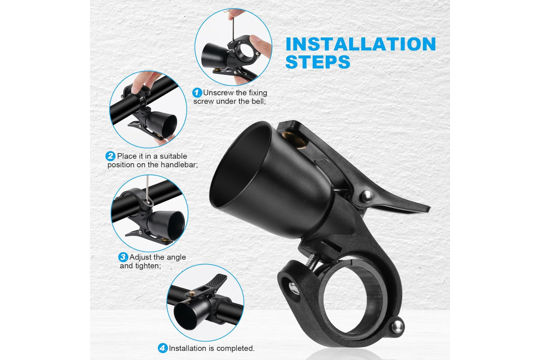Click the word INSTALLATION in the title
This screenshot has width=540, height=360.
(360, 44)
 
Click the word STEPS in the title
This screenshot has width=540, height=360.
(318, 62)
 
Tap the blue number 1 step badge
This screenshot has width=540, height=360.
(197, 93)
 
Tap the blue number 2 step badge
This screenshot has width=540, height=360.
(110, 156)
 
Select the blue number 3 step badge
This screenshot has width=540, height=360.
(123, 257)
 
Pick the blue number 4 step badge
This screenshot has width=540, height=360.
(163, 348)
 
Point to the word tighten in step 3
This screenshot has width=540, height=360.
(148, 266)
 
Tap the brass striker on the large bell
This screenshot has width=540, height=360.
(295, 140)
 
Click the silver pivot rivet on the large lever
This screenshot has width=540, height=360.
(366, 196)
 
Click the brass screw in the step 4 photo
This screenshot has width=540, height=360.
(192, 294)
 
